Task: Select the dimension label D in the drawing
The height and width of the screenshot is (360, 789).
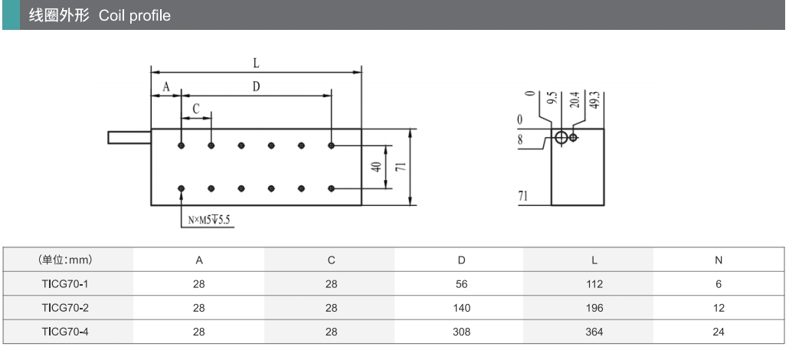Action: pos(256,87)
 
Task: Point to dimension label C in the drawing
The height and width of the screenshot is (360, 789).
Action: pos(196,110)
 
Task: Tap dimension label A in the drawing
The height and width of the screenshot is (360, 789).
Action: pos(165,87)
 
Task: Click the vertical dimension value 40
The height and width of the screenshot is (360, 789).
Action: pos(376,167)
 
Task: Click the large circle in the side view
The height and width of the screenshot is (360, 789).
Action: pos(561,138)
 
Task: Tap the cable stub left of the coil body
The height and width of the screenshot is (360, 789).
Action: pos(129,138)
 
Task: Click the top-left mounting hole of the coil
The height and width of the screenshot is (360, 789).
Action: pos(182,145)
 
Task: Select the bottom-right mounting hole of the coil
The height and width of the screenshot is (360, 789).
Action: pos(331,188)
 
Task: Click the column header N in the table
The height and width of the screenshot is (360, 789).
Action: pos(718,260)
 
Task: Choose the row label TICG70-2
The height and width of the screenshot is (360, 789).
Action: pos(65,308)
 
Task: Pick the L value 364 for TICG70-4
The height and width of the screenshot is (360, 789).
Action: pos(594,332)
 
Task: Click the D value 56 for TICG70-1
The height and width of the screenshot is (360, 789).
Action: pos(461,284)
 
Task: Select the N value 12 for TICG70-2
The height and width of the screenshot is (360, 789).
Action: pos(718,308)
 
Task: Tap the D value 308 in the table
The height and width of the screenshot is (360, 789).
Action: pos(461,332)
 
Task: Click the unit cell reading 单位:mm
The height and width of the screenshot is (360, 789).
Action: pos(65,260)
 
